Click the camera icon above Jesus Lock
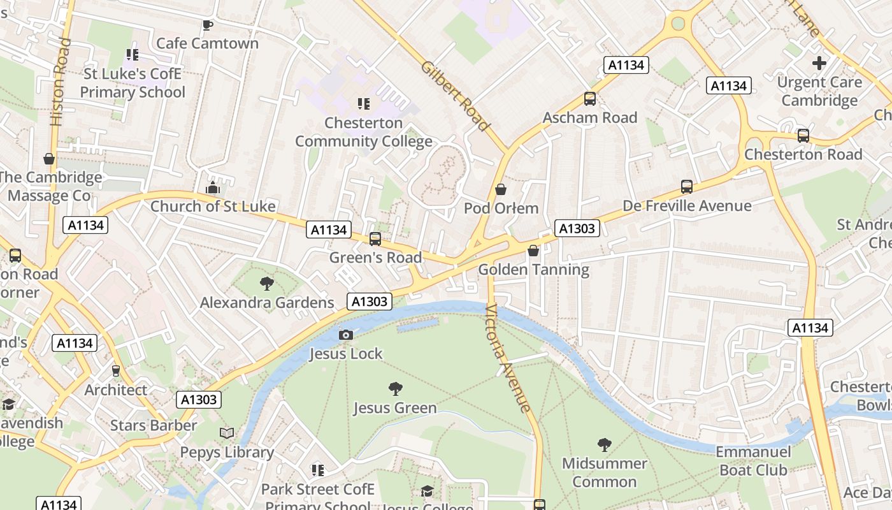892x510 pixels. (x=346, y=335)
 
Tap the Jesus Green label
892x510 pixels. (x=395, y=408)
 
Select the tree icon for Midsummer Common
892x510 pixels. (x=604, y=445)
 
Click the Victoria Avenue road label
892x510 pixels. (x=508, y=358)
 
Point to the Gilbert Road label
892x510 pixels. (x=456, y=96)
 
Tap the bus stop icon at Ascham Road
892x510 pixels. (x=590, y=99)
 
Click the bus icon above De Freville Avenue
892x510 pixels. (x=686, y=187)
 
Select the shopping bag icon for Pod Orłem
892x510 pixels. (x=501, y=189)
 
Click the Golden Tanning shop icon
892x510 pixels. (x=533, y=251)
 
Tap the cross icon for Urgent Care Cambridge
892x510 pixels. (x=819, y=63)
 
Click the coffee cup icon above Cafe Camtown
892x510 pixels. (x=207, y=25)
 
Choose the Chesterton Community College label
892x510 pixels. (x=363, y=132)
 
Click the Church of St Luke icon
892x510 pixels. (x=213, y=188)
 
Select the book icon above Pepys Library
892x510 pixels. (x=227, y=433)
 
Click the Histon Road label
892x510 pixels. (x=59, y=82)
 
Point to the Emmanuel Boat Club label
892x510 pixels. (x=753, y=461)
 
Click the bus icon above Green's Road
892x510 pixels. (x=375, y=239)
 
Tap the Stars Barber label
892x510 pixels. (x=154, y=425)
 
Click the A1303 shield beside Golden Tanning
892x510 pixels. (x=577, y=228)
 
